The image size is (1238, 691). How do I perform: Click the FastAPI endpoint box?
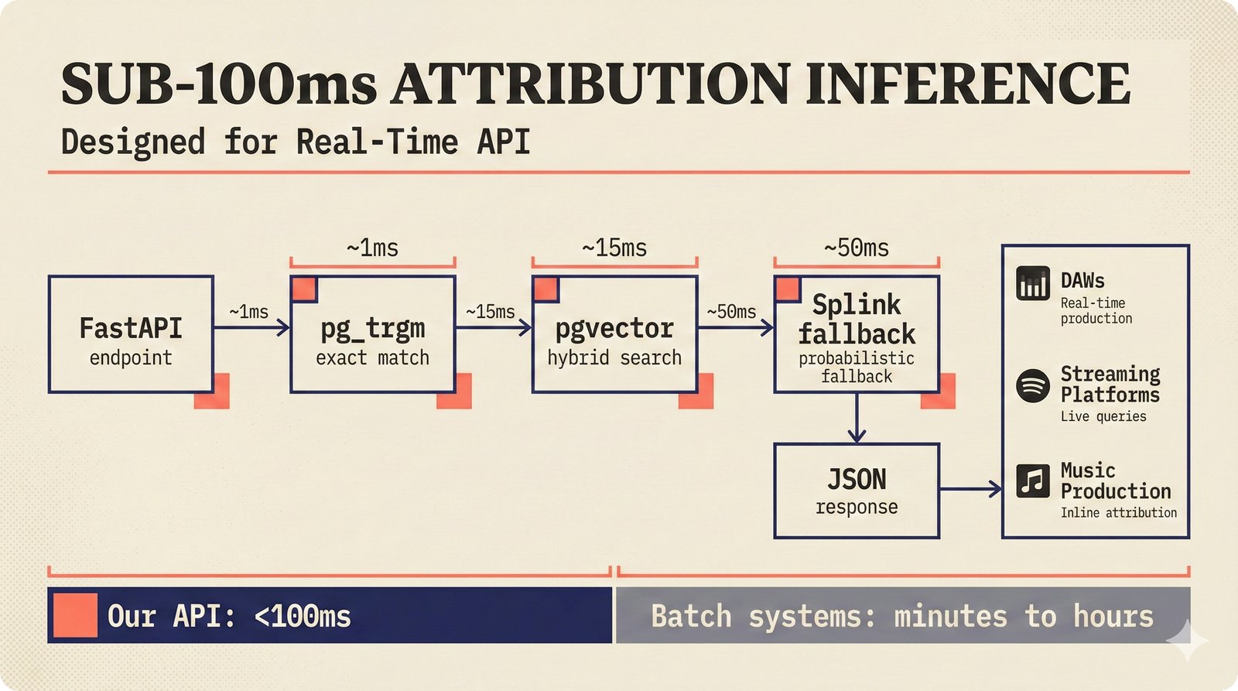131,334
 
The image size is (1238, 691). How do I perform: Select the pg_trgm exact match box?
372,334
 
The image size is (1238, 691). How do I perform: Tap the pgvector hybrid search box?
614,334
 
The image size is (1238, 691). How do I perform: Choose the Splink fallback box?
857,334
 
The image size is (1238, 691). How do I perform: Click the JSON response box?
857,491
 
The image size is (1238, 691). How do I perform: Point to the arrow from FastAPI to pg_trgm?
251,328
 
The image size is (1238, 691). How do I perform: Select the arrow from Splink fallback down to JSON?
857,418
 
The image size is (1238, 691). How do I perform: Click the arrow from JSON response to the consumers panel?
971,488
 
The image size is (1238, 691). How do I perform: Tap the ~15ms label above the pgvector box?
614,248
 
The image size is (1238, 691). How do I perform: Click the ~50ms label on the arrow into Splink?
731,312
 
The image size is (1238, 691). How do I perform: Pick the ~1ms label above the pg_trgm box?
372,248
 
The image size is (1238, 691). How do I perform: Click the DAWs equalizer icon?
1033,283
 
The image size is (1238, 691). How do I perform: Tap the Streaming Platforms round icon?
1033,385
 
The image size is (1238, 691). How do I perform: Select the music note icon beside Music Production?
1033,481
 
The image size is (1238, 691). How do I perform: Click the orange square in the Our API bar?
75,615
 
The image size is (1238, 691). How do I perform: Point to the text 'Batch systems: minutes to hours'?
901,617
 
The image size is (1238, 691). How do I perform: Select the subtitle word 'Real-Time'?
377,142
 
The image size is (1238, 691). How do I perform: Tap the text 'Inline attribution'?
1118,512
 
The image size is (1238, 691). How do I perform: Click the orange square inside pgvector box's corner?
545,289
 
